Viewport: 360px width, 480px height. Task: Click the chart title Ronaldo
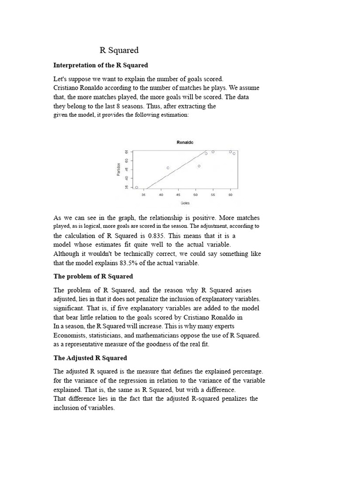click(x=185, y=142)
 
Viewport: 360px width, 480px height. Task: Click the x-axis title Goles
click(x=185, y=203)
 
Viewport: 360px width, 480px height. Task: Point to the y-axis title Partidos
click(x=119, y=169)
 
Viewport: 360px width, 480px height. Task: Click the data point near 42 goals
click(x=168, y=168)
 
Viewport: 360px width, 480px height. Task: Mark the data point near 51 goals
click(x=199, y=166)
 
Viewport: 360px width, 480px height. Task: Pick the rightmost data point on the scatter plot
click(x=234, y=153)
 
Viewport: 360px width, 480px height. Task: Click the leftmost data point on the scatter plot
click(x=136, y=187)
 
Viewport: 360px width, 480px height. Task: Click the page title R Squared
click(x=119, y=50)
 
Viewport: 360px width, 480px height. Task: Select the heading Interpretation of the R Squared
click(x=101, y=65)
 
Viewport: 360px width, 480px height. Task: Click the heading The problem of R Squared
click(x=93, y=276)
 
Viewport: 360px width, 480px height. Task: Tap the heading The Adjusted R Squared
click(x=90, y=358)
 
